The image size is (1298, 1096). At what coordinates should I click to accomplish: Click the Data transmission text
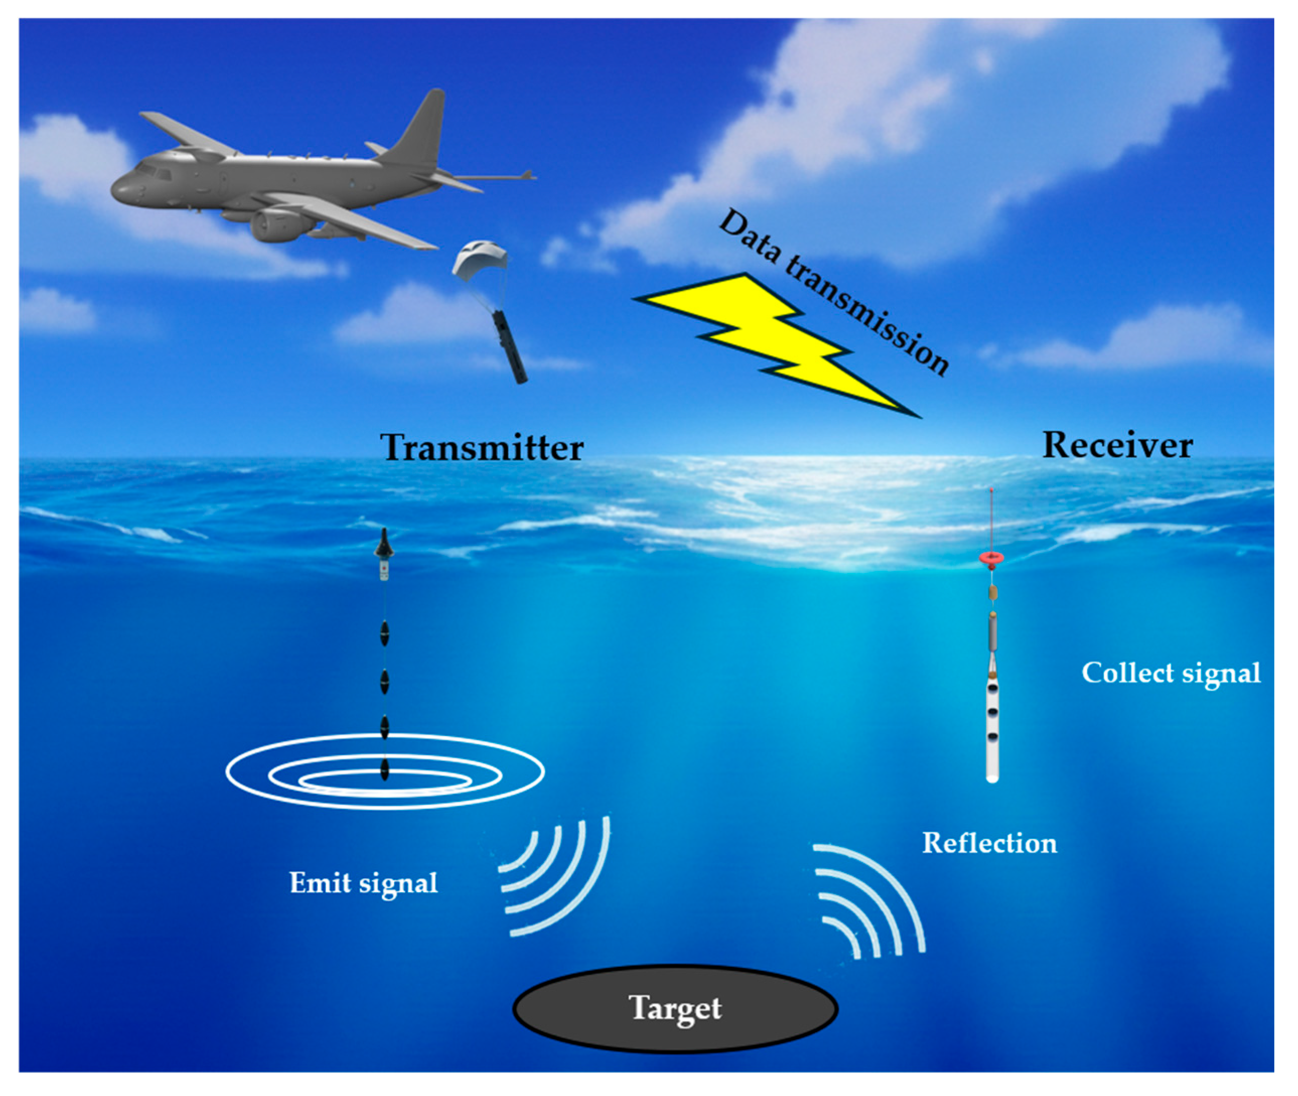click(833, 292)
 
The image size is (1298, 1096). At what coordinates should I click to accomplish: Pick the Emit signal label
click(364, 883)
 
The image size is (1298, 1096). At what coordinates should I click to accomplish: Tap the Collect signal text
click(1171, 673)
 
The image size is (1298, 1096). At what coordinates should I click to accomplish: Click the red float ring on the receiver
click(992, 558)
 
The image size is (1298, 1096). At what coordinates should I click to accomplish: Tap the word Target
click(676, 1008)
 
